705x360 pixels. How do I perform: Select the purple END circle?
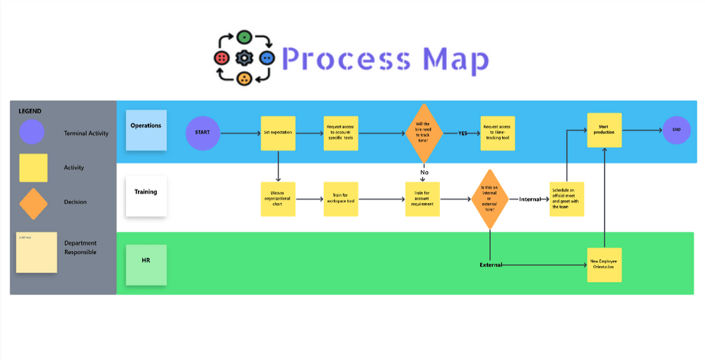coord(675,130)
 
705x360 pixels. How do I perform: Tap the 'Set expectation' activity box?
coord(278,133)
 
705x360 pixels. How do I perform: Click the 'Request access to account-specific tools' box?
coord(341,133)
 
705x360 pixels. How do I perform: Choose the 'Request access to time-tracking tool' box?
coord(497,133)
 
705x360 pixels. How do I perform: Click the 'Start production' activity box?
coord(604,130)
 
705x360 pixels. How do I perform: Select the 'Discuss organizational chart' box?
coord(278,199)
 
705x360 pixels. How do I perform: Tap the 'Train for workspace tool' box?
coord(341,199)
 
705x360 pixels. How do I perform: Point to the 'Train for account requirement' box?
coord(423,199)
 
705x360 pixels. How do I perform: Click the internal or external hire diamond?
coord(489,199)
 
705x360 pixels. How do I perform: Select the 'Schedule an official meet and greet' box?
coord(566,199)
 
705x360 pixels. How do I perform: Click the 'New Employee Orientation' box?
coord(604,265)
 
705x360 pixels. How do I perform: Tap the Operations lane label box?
coord(146,130)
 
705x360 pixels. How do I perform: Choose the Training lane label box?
coord(146,196)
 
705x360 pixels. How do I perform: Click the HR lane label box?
coord(146,265)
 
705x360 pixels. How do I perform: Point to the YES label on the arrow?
coord(462,133)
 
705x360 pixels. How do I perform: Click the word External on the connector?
coord(491,265)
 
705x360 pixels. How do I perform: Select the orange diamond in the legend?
coord(33,203)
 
